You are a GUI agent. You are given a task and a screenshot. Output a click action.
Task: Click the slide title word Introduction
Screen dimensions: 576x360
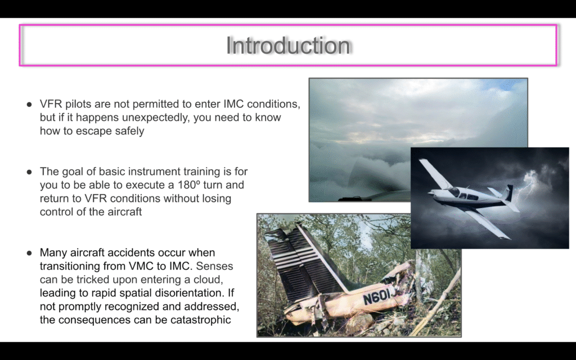(x=288, y=45)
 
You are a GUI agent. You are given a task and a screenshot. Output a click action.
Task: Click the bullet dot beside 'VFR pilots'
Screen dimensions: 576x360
(x=29, y=104)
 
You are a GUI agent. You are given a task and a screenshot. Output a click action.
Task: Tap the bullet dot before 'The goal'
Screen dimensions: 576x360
(x=29, y=172)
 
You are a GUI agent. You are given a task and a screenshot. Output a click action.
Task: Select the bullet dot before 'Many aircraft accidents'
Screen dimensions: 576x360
(x=29, y=253)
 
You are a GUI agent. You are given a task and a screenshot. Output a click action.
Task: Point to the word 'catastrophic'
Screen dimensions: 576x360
(x=201, y=320)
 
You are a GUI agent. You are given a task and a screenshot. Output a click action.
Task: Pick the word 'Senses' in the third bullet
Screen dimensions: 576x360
(x=214, y=266)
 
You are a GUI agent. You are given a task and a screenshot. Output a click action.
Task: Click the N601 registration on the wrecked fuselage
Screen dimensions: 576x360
(x=377, y=296)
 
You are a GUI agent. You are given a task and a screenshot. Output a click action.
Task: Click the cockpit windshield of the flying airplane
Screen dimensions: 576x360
(x=454, y=192)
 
